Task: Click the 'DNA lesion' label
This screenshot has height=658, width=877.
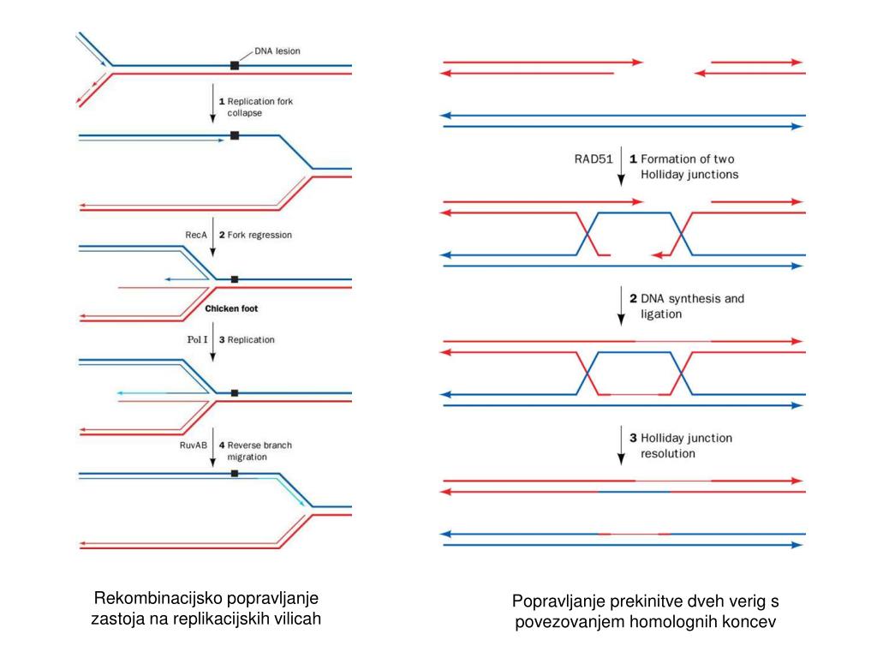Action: pos(277,51)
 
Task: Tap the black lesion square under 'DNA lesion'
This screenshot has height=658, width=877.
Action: pos(235,65)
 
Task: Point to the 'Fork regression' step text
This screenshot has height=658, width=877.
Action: pos(260,234)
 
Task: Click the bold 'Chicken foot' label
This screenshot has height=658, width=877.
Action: pos(231,308)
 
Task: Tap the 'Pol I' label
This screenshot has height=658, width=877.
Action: pos(197,340)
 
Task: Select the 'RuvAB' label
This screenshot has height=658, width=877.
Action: pos(194,446)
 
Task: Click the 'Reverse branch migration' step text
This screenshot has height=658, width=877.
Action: pos(259,451)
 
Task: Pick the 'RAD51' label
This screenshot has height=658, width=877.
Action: pos(594,159)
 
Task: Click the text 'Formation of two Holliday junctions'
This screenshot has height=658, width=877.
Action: pos(688,166)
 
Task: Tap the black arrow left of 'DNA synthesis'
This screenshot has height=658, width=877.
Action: pos(622,306)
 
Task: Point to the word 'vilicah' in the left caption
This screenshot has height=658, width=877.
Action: pos(296,619)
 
